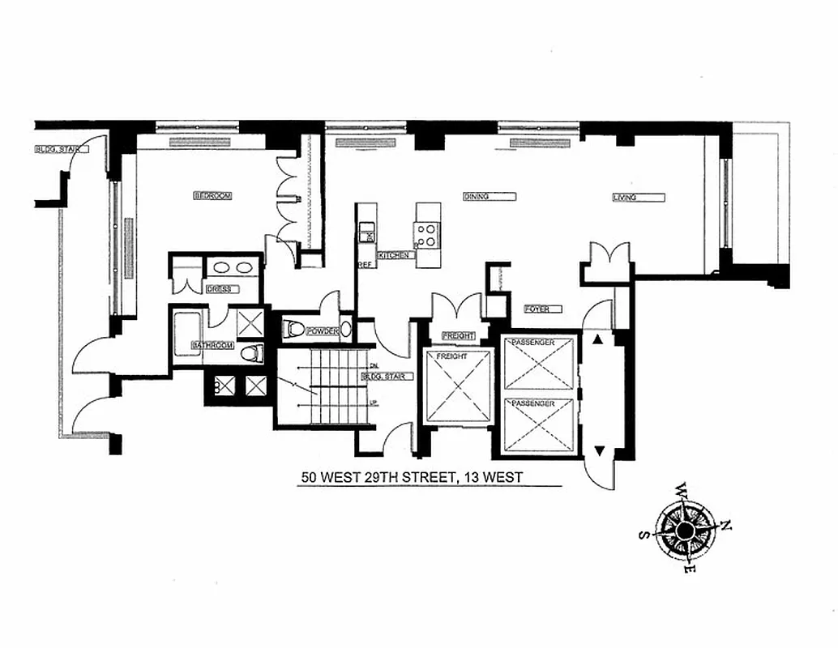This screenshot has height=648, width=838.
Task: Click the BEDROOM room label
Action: [212, 196]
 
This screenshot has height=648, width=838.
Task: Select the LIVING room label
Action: [624, 197]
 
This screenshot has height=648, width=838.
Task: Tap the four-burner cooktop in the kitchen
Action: [427, 234]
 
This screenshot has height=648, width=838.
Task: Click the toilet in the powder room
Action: [297, 330]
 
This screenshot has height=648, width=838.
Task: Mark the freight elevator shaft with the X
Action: [458, 387]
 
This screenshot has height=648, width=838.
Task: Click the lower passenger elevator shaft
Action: [538, 426]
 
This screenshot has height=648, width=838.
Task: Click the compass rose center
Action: [685, 531]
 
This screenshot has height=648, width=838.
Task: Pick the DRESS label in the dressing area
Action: [219, 288]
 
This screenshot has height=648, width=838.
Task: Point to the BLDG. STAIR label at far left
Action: [55, 149]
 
